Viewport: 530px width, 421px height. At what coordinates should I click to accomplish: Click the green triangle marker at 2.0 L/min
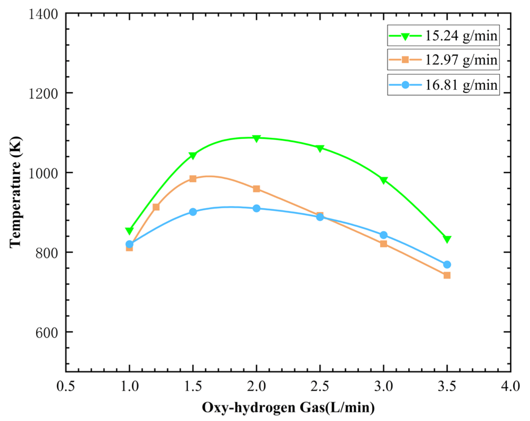[256, 138]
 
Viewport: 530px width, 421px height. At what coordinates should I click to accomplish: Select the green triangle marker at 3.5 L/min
[447, 239]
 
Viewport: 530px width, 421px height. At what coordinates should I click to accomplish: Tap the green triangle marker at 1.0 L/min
[129, 231]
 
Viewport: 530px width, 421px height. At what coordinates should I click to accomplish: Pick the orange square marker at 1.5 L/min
[193, 179]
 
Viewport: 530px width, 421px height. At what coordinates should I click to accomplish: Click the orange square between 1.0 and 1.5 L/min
[156, 207]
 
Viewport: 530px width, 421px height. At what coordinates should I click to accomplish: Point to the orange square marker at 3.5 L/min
[447, 275]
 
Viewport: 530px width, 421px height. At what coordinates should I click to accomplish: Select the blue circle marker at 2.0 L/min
[256, 208]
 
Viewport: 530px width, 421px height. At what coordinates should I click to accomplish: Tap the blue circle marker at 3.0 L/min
[383, 235]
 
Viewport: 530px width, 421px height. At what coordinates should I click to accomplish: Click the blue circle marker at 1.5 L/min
[193, 212]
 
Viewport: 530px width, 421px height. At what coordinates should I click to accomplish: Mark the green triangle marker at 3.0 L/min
[383, 180]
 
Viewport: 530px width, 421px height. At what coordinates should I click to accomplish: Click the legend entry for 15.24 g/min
[443, 36]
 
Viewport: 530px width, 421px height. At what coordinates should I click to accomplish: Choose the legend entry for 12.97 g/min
[443, 59]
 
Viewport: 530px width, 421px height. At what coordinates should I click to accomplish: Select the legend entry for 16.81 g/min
[443, 85]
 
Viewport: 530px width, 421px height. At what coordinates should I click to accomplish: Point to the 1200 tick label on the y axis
[43, 93]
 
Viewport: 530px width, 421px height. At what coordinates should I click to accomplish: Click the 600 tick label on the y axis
[47, 332]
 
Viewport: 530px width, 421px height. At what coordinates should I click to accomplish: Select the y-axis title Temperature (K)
[15, 192]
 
